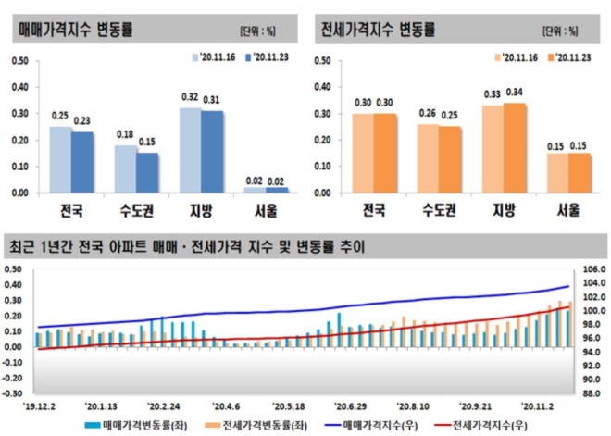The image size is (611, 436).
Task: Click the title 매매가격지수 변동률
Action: click(x=76, y=30)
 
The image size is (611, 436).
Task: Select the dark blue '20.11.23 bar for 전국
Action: click(x=83, y=162)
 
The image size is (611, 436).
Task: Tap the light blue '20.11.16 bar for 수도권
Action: click(x=126, y=168)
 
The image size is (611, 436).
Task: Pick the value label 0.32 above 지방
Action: click(x=191, y=97)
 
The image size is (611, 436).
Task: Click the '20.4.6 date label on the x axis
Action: click(x=225, y=405)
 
